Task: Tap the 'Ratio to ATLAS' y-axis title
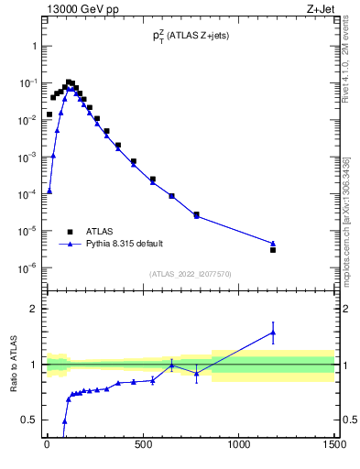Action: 13,365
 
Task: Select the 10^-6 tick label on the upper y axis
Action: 26,268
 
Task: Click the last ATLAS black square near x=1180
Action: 273,249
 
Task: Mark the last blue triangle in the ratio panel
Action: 273,333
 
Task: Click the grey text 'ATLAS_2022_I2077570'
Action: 190,273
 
